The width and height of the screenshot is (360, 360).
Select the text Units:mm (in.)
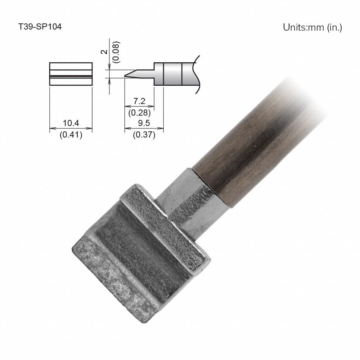coord(312,27)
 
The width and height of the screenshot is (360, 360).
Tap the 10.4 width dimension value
coord(71,123)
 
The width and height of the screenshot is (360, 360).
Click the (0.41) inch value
coord(71,135)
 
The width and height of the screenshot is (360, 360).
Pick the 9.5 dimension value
coord(144,123)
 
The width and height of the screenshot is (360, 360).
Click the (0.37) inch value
coord(144,135)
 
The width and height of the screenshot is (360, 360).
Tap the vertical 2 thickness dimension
coord(104,52)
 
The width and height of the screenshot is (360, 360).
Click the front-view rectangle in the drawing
coord(71,74)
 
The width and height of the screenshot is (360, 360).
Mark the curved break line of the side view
coord(197,74)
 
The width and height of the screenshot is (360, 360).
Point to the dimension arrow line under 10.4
coord(71,129)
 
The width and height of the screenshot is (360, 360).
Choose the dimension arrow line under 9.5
coord(144,129)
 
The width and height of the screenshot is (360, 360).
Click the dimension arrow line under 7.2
coord(139,107)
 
